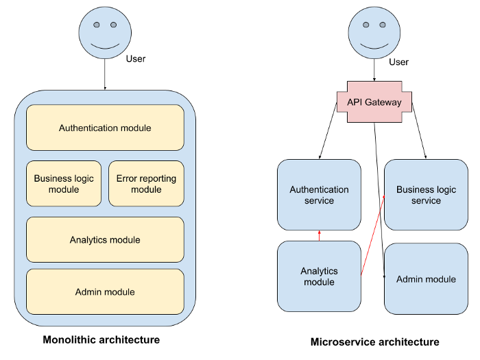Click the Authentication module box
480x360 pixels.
(x=105, y=128)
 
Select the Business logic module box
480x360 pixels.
(x=64, y=184)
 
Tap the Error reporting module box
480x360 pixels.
(x=146, y=184)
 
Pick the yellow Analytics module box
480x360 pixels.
(x=105, y=240)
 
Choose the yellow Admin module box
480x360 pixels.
(x=105, y=292)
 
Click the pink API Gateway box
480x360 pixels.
(x=374, y=102)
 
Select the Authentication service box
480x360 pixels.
(x=319, y=195)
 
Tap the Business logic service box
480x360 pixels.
(x=426, y=195)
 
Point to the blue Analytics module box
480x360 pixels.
(x=319, y=276)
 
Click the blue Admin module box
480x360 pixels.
(x=426, y=279)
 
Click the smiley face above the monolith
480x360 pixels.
(x=105, y=33)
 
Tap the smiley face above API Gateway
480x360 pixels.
(x=374, y=33)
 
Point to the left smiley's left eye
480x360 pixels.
(x=96, y=25)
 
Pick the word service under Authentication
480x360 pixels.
(x=319, y=201)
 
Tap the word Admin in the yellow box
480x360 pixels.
(x=88, y=292)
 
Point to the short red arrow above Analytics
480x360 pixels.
(x=319, y=235)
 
